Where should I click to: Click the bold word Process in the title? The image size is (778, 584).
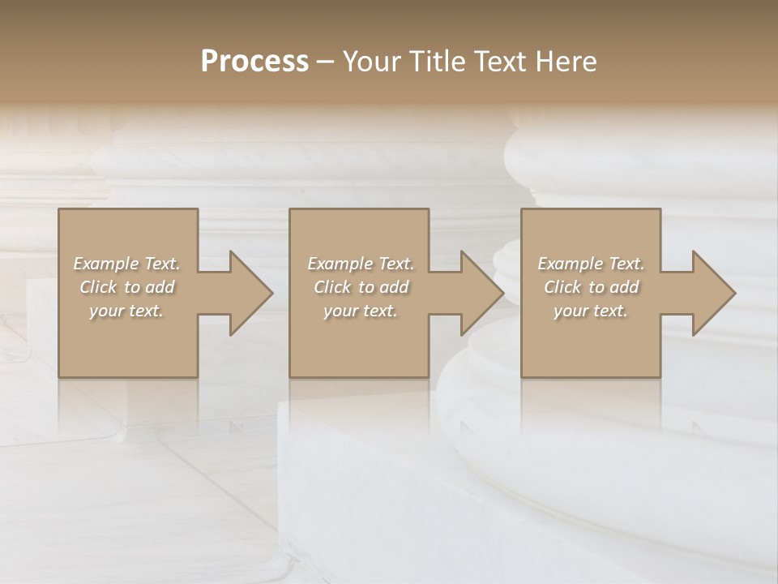254,62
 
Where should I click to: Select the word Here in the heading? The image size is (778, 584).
566,62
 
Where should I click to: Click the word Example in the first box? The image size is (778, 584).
105,264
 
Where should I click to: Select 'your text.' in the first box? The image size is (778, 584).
127,311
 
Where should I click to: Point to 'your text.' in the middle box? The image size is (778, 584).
361,311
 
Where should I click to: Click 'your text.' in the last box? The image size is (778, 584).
591,311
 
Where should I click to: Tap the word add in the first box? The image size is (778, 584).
160,287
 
